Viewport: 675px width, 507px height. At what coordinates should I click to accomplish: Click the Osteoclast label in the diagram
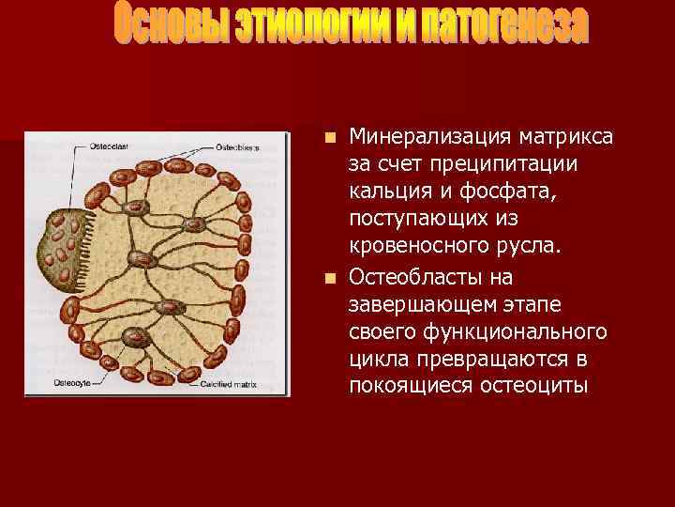(x=109, y=147)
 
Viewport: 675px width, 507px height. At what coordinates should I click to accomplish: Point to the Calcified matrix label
(x=232, y=383)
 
